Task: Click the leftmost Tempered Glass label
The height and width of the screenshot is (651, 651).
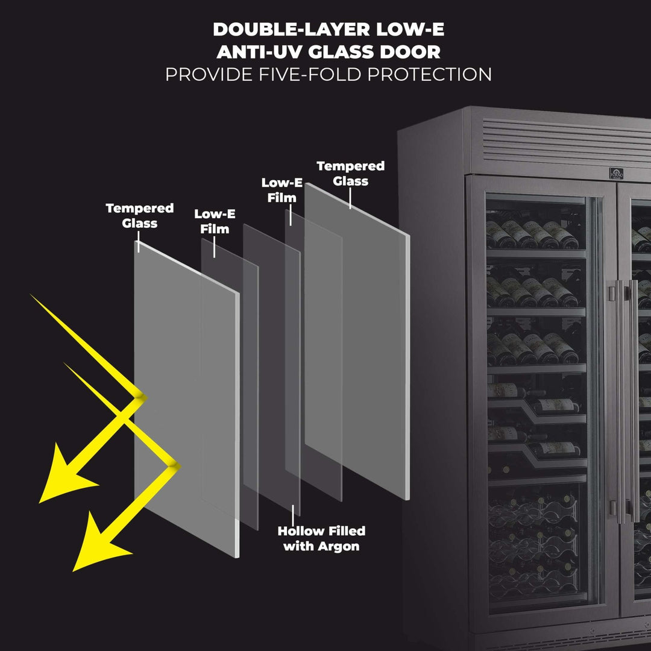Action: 139,216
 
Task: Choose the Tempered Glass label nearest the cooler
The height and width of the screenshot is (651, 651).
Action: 350,173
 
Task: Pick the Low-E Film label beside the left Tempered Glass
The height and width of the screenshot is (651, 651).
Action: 215,221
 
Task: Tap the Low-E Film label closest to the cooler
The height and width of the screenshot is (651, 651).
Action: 281,189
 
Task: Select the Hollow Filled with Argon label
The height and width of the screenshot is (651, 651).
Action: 321,538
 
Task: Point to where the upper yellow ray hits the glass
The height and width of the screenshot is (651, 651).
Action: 139,395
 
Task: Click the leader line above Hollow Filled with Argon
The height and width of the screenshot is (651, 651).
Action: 293,515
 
